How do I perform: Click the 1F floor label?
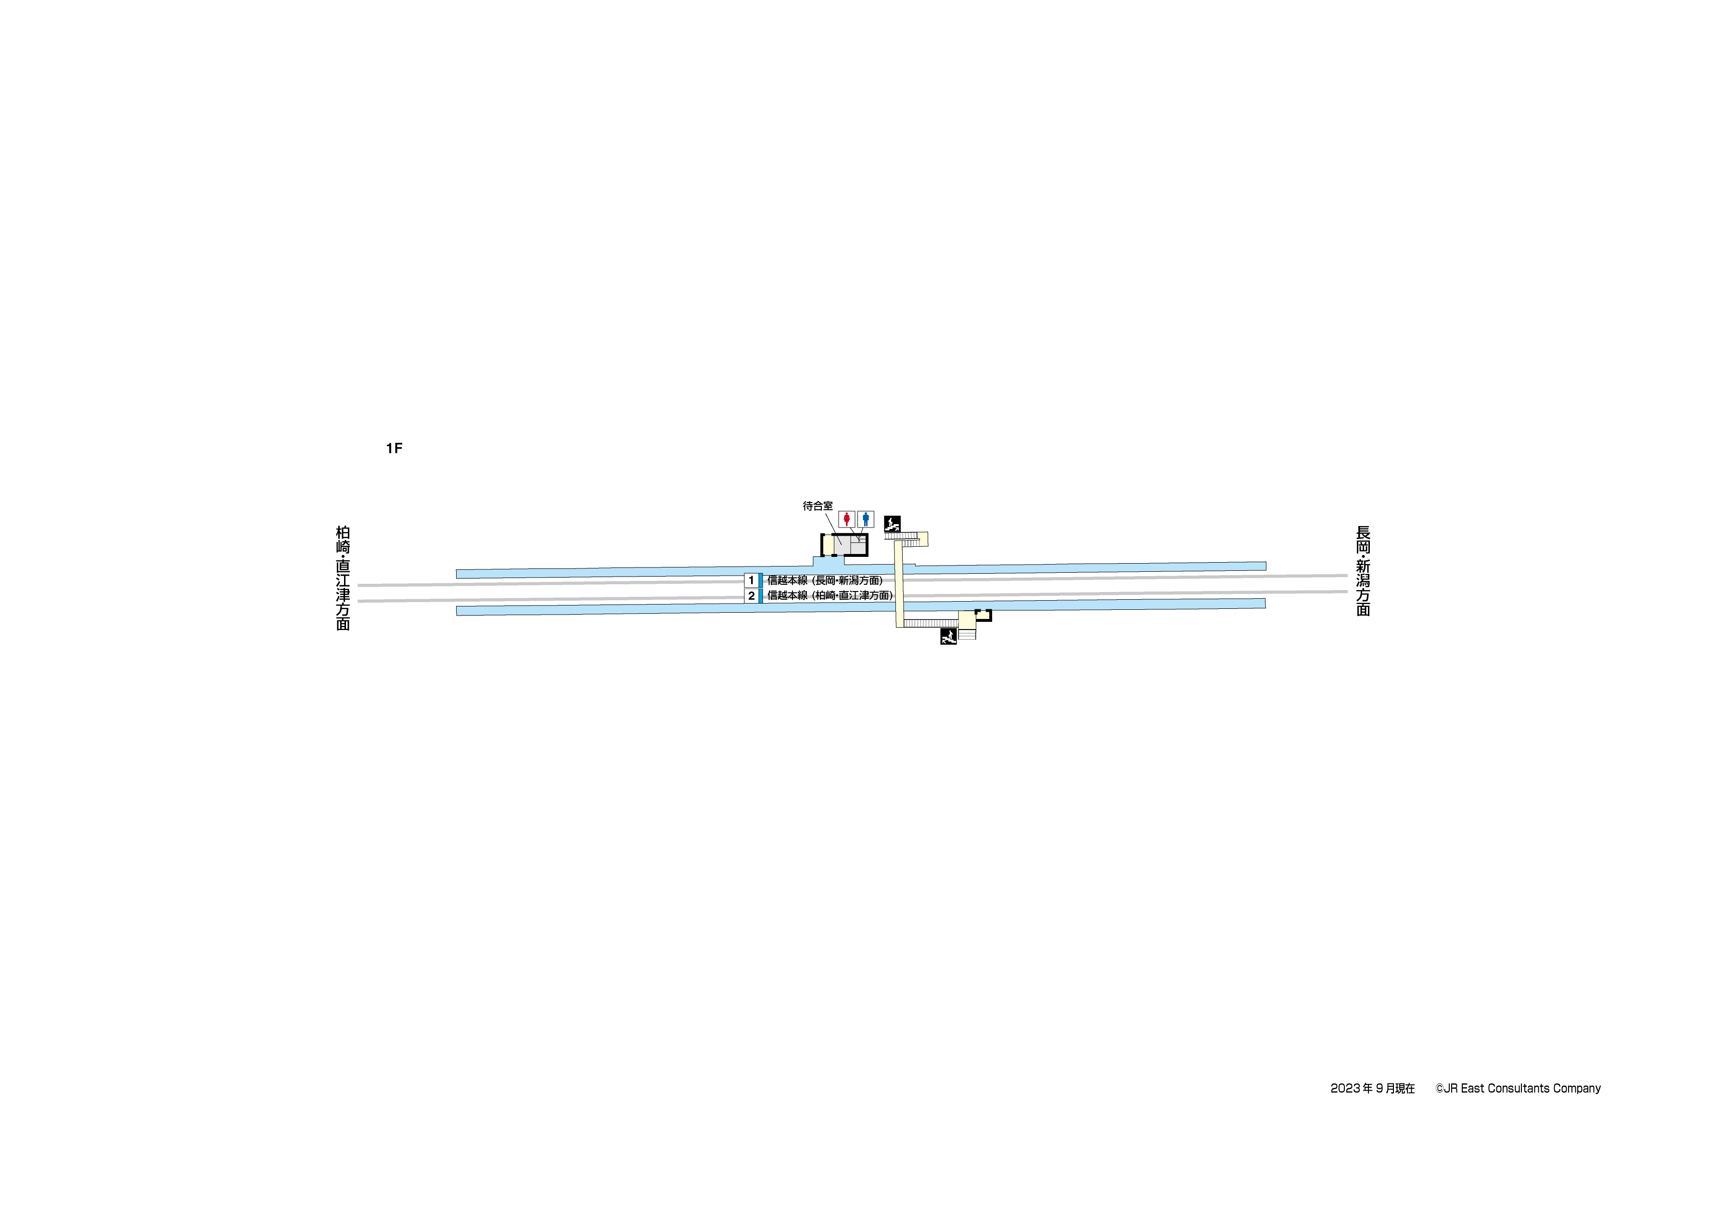[x=394, y=448]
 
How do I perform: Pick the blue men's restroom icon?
[x=865, y=519]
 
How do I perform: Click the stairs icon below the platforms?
[x=949, y=637]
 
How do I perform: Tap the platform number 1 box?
[x=751, y=580]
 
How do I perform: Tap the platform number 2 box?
[x=751, y=596]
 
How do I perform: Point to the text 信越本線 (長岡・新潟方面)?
[x=825, y=580]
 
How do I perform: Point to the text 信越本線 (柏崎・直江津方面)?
[x=830, y=596]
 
